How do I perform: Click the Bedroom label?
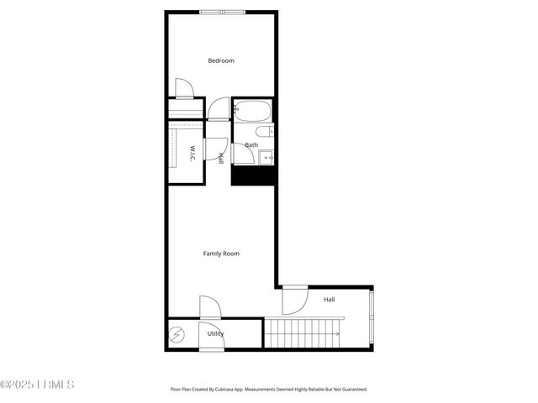pyautogui.click(x=221, y=60)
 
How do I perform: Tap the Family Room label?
pyautogui.click(x=221, y=253)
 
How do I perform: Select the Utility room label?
pyautogui.click(x=216, y=333)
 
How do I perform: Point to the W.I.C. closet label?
pyautogui.click(x=193, y=154)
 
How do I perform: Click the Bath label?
pyautogui.click(x=251, y=145)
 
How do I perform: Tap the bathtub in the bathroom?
pyautogui.click(x=252, y=111)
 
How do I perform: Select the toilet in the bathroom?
pyautogui.click(x=263, y=132)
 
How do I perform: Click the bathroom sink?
pyautogui.click(x=266, y=155)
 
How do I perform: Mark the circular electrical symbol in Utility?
pyautogui.click(x=177, y=336)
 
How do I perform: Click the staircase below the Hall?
pyautogui.click(x=303, y=332)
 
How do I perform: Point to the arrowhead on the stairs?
pyautogui.click(x=338, y=334)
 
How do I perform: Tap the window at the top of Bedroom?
pyautogui.click(x=223, y=12)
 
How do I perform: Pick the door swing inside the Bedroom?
pyautogui.click(x=184, y=88)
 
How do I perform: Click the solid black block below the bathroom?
pyautogui.click(x=253, y=175)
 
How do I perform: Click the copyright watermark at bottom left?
pyautogui.click(x=38, y=385)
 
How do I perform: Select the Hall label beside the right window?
pyautogui.click(x=329, y=300)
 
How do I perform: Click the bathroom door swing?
pyautogui.click(x=241, y=154)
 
